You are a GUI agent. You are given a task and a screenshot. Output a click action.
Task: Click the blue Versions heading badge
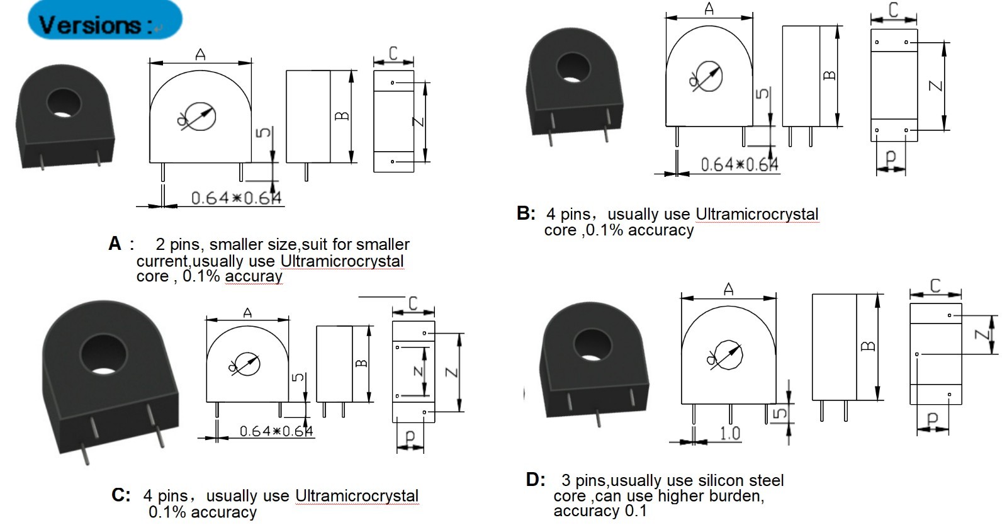[104, 20]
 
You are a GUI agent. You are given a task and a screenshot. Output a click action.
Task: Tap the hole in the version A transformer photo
[64, 103]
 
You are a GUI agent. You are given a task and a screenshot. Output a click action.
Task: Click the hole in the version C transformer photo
[103, 354]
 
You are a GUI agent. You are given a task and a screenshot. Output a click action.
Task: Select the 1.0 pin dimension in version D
[730, 433]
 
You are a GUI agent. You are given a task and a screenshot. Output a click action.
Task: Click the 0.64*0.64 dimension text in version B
[740, 165]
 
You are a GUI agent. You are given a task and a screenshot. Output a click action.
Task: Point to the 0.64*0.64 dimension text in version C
[276, 431]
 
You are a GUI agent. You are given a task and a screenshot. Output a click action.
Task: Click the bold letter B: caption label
[526, 213]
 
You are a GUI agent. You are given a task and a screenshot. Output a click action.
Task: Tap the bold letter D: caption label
[536, 480]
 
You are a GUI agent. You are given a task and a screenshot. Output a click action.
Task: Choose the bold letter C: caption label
[121, 495]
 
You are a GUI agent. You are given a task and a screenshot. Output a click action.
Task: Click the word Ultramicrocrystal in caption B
[757, 214]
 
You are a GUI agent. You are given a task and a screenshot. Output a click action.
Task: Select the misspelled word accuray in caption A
[254, 276]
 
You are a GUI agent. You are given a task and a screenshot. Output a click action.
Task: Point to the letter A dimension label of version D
[729, 289]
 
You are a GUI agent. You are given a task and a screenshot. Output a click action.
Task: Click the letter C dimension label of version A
[393, 54]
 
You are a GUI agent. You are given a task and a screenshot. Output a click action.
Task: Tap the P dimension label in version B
[890, 158]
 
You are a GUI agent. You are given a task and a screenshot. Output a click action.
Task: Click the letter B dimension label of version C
[361, 363]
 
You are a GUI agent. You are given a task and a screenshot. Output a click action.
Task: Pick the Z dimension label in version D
[982, 334]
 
